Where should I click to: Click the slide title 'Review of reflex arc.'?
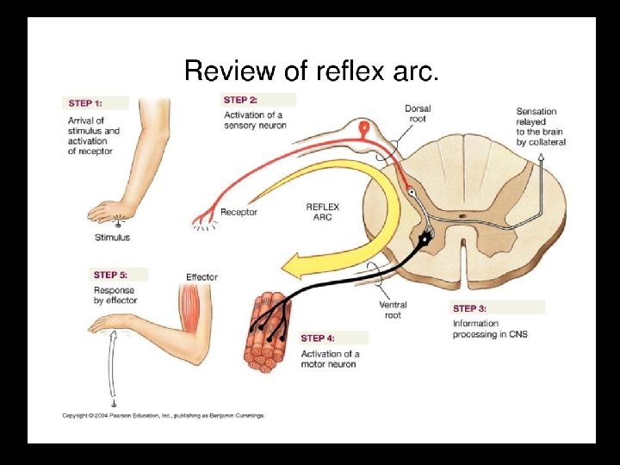point(312,71)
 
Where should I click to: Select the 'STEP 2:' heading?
point(240,101)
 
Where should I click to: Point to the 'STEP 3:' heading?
point(470,308)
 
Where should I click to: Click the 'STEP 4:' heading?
point(318,338)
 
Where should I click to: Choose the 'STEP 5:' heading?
point(110,276)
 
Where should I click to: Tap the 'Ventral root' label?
point(393,310)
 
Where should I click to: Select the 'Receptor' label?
point(239,212)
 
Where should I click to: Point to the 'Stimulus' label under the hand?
point(113,238)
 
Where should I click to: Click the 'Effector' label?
point(201,277)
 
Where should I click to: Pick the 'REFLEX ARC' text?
point(324,212)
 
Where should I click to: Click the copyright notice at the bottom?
point(163,416)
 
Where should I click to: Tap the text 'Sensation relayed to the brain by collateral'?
point(541,127)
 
